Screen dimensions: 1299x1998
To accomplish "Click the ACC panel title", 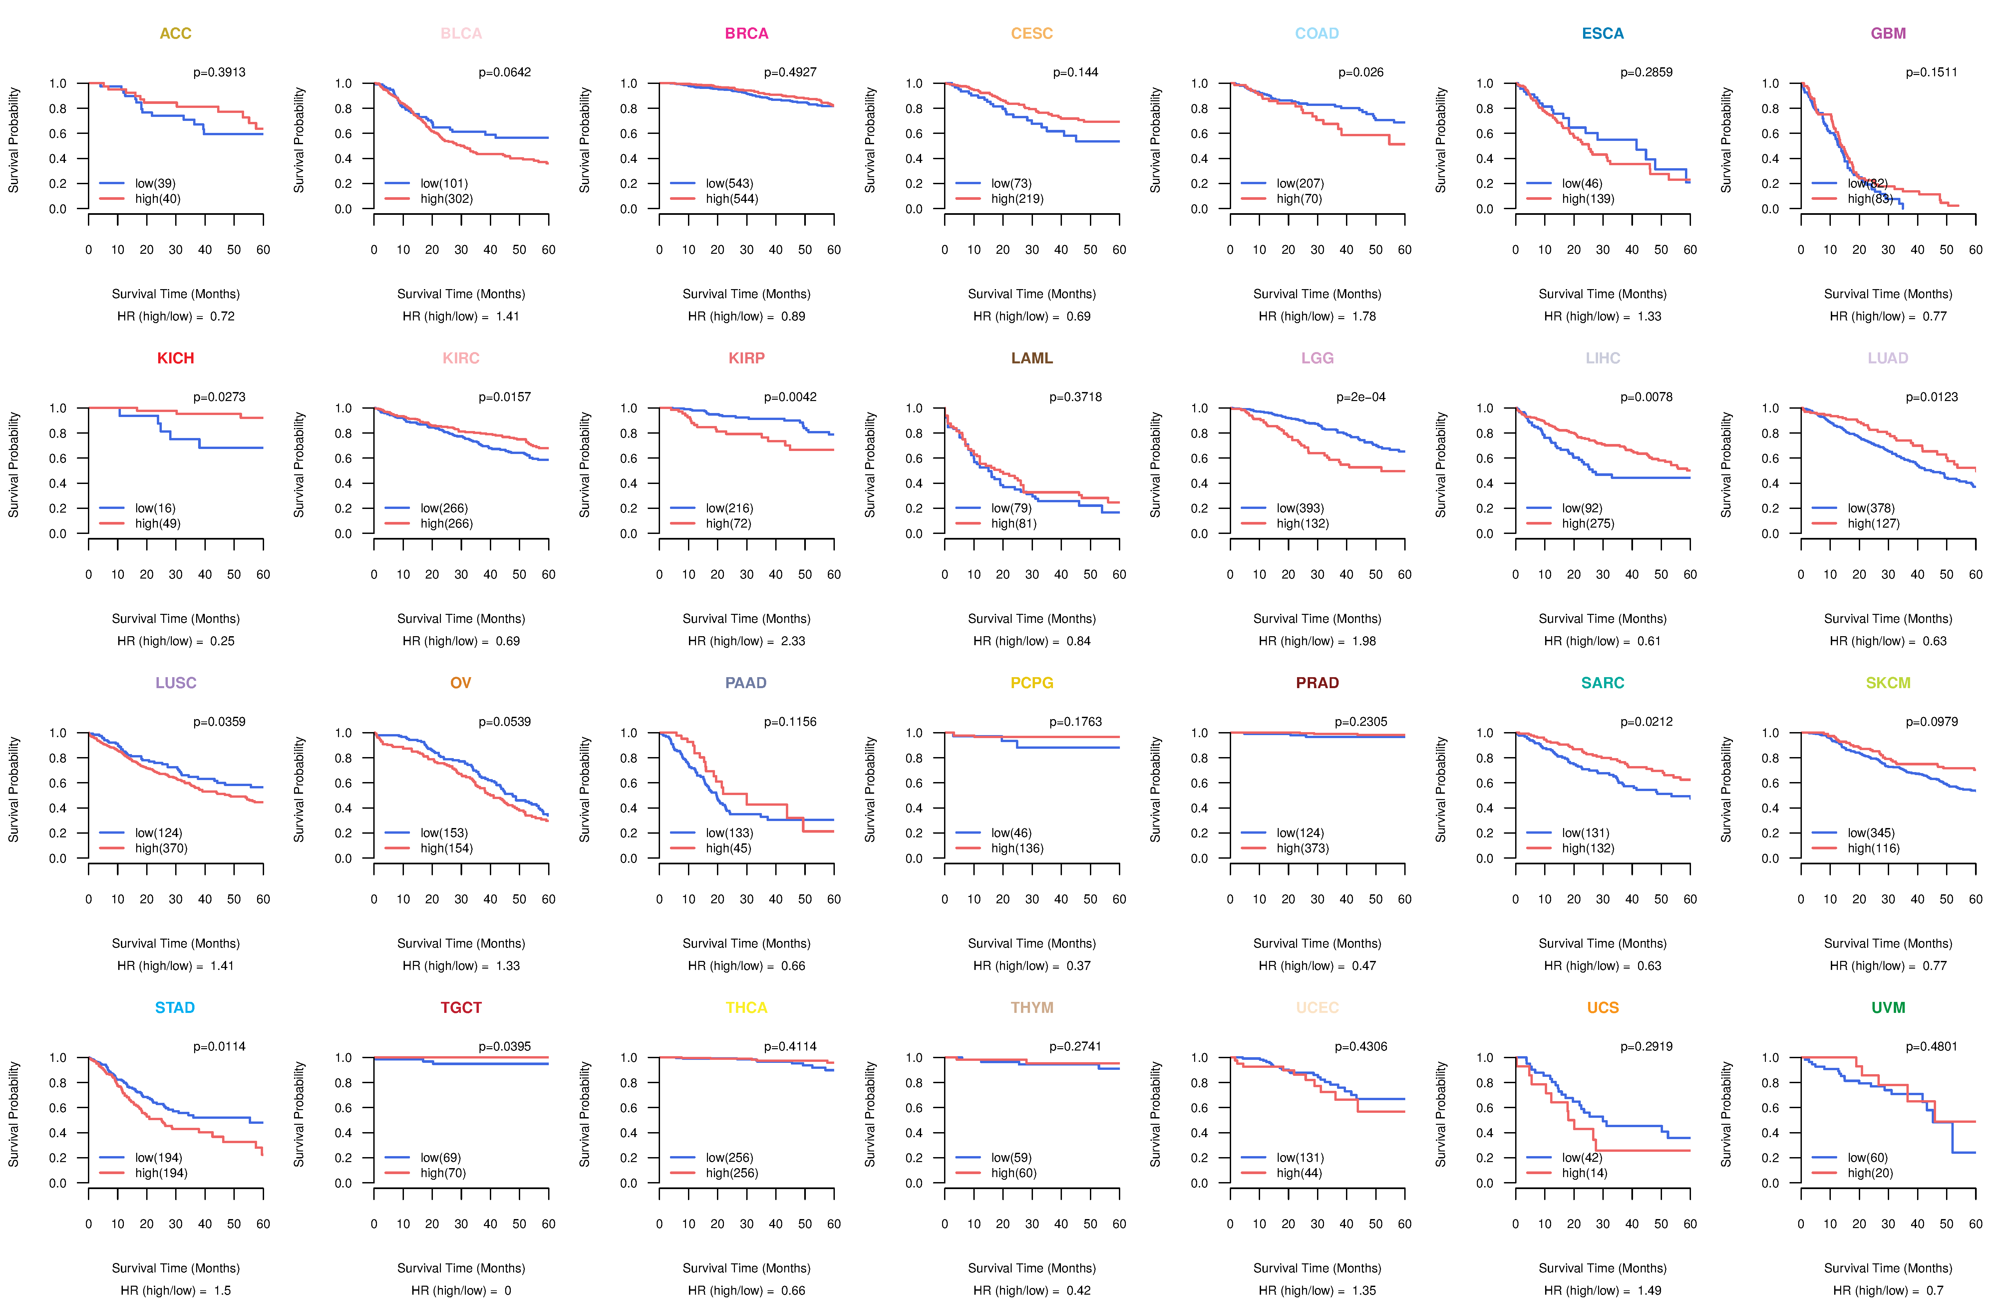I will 175,34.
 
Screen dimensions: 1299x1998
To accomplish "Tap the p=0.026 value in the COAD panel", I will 1361,72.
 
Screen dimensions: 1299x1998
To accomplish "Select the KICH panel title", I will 175,358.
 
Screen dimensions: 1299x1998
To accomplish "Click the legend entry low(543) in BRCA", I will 729,183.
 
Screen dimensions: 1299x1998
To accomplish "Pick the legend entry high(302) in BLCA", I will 447,199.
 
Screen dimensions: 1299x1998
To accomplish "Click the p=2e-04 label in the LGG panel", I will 1361,397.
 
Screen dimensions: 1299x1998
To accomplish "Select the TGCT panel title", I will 461,1008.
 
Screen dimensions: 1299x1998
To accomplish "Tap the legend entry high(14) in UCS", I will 1584,1173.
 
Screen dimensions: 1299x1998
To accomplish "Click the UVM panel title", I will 1888,1008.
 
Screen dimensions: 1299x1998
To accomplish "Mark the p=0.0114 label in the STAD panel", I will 219,1046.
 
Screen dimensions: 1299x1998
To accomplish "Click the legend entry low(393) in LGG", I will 1300,508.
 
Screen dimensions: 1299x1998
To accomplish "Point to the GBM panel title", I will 1888,34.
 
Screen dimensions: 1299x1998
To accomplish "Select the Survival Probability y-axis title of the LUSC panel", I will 13,789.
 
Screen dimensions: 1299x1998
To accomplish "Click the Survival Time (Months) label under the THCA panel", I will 746,1268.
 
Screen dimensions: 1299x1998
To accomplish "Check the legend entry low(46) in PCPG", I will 1011,833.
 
